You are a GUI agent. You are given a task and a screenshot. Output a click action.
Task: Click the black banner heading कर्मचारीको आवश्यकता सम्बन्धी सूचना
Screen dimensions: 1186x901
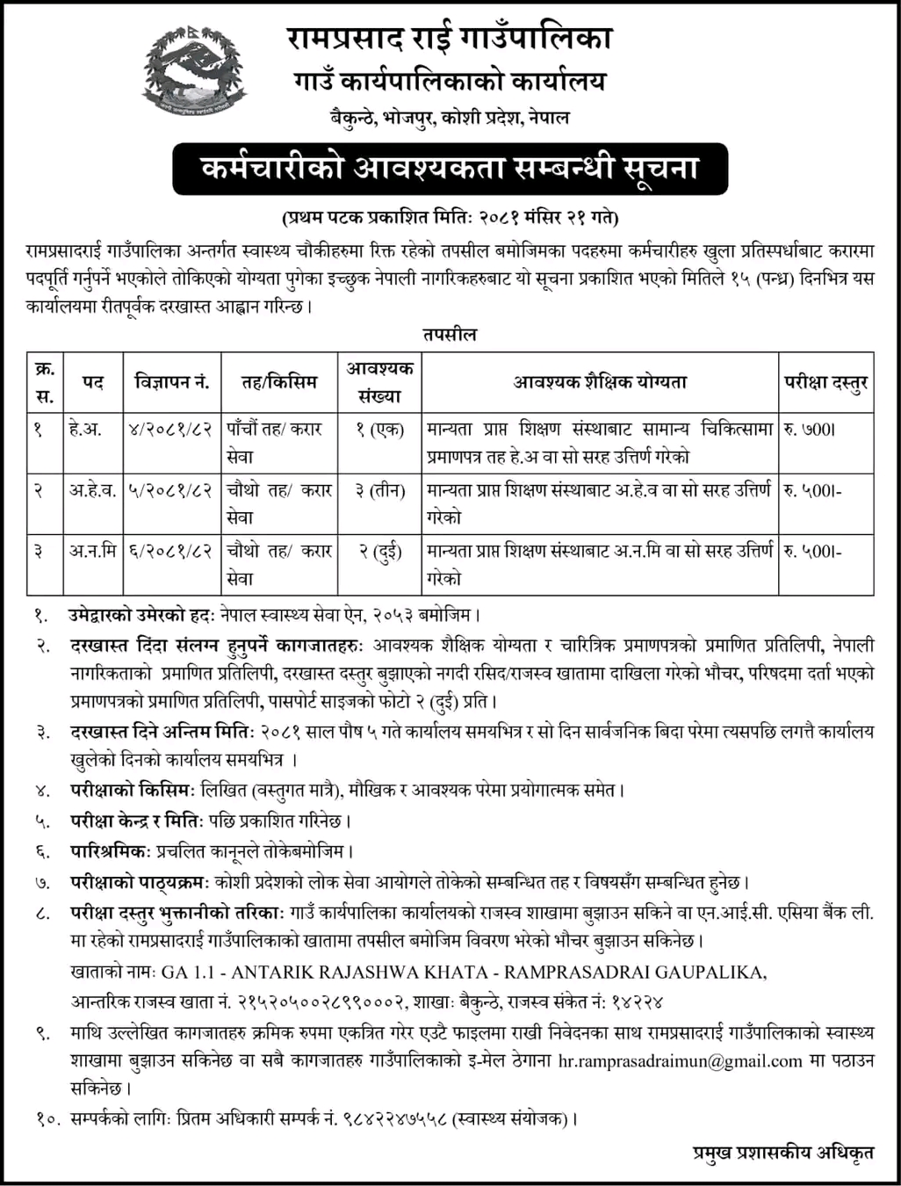450,168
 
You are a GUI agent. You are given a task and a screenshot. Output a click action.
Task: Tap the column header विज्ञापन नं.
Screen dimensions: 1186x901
172,382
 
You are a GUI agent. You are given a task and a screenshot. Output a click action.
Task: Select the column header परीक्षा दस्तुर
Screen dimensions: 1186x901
825,382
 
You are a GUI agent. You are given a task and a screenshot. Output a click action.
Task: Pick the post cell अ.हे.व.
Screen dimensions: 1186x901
92,491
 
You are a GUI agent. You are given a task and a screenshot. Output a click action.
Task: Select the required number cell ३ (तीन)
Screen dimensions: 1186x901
379,491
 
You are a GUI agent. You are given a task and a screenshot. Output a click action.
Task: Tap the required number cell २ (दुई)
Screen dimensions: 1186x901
379,553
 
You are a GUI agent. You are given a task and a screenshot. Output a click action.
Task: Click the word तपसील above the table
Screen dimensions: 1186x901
450,335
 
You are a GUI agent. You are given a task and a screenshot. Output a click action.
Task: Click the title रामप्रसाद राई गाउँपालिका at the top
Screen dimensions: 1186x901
450,39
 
